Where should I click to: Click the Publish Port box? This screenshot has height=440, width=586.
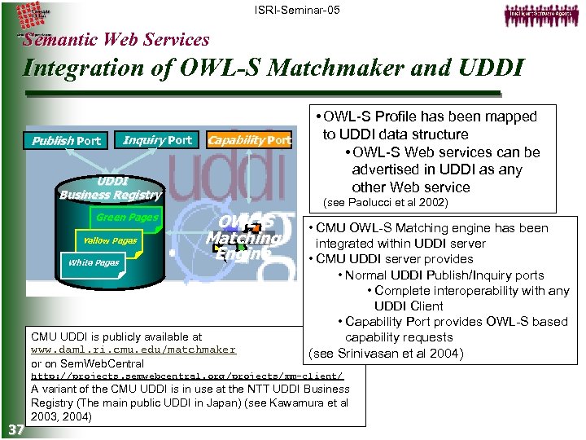[x=66, y=141]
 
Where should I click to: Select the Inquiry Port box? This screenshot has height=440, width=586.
[x=157, y=140]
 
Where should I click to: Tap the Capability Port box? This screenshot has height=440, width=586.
[x=249, y=140]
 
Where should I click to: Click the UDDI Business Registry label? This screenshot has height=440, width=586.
[x=110, y=187]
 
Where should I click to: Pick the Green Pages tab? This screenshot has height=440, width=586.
[x=127, y=218]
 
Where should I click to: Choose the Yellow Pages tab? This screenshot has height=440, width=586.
[x=110, y=240]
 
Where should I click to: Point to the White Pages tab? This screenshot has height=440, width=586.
[x=94, y=262]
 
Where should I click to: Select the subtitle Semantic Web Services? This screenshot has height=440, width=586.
[x=116, y=39]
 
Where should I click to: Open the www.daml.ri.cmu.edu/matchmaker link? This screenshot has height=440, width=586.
[x=133, y=350]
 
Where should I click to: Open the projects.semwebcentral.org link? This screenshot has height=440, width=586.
[x=186, y=376]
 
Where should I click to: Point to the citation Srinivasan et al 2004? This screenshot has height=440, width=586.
[x=386, y=353]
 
